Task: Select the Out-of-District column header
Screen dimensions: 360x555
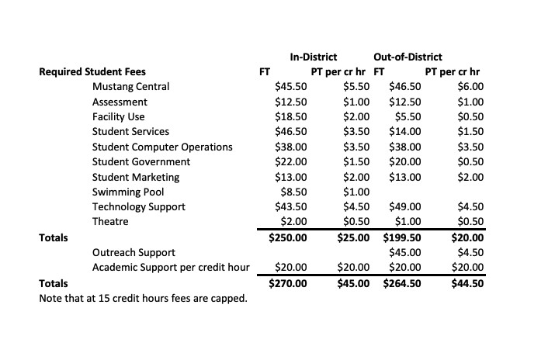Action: [408, 57]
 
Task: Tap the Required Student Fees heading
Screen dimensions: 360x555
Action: [92, 72]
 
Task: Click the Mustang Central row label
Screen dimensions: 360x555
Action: [130, 87]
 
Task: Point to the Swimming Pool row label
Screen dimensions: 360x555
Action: [128, 192]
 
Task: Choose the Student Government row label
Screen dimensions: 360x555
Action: [141, 162]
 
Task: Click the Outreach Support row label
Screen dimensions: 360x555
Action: [134, 252]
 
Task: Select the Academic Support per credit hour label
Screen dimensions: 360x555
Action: [171, 268]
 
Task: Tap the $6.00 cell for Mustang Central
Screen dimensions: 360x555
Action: [470, 87]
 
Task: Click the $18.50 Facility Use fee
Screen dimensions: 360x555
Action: [291, 117]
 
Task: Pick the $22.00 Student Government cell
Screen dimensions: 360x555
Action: [291, 162]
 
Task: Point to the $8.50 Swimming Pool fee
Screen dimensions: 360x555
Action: [293, 192]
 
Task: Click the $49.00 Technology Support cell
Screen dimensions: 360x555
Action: [405, 207]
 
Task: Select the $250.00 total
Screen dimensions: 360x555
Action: [288, 237]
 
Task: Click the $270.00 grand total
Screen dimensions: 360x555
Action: [288, 283]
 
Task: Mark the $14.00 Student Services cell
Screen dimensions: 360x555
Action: [405, 132]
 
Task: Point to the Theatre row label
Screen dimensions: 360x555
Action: [109, 222]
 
